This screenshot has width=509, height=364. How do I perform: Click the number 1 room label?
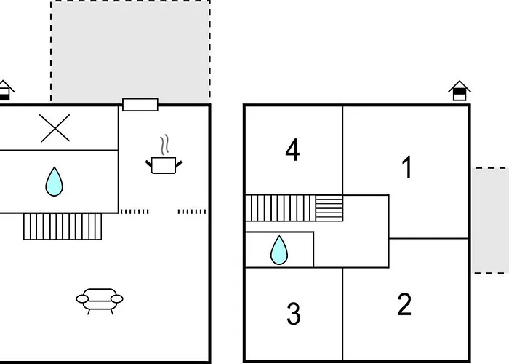[x=407, y=167]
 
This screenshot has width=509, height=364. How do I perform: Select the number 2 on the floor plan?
[x=404, y=304]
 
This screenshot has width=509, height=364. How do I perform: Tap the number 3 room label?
[x=294, y=313]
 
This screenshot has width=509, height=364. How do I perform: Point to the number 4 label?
[x=292, y=150]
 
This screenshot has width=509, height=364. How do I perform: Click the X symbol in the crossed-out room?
[x=55, y=128]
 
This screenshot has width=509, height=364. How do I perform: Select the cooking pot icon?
[x=164, y=165]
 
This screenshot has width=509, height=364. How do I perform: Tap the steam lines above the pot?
[x=164, y=144]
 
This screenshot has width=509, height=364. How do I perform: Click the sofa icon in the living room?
[x=100, y=301]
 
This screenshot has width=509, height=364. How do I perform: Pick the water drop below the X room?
[x=55, y=182]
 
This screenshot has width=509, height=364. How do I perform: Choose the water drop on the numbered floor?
[x=279, y=250]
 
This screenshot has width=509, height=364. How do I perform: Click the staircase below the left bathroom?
[x=63, y=226]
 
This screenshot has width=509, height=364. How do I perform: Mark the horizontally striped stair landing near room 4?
[x=329, y=208]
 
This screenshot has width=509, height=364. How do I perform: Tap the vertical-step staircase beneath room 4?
[x=281, y=208]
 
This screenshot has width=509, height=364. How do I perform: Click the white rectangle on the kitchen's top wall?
[x=140, y=105]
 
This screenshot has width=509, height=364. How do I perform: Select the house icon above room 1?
[x=460, y=91]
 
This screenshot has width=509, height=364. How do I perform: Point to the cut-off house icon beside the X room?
[x=5, y=90]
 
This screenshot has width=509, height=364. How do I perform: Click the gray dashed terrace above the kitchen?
[x=130, y=52]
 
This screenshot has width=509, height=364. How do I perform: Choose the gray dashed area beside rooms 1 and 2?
[x=490, y=221]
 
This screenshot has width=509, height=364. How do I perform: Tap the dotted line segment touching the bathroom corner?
[x=135, y=212]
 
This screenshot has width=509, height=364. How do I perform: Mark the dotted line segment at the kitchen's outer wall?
[x=192, y=212]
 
